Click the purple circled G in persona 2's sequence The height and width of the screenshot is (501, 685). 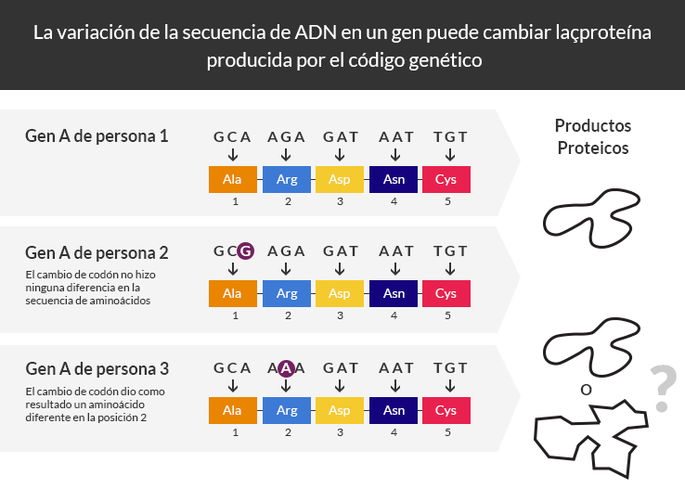246,251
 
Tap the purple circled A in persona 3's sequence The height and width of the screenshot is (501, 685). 286,368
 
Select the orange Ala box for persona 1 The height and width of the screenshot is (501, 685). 233,179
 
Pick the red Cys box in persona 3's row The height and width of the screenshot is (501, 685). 446,411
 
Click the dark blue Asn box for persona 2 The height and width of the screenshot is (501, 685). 394,293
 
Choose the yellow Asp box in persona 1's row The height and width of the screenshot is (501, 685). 340,179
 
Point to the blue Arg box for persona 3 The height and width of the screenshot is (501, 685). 287,411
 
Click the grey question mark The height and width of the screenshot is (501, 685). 663,388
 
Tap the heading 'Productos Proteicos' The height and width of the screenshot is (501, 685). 593,136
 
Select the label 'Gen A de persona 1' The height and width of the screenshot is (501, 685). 97,136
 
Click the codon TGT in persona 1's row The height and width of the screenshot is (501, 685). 450,137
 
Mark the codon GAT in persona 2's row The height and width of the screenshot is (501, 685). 341,251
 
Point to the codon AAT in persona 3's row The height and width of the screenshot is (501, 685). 395,368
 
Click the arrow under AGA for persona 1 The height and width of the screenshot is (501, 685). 286,155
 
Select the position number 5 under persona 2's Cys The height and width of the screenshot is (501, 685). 447,315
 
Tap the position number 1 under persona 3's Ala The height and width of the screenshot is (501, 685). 236,432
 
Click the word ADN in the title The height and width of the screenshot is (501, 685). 316,32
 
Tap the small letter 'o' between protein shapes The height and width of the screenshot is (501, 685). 586,390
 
